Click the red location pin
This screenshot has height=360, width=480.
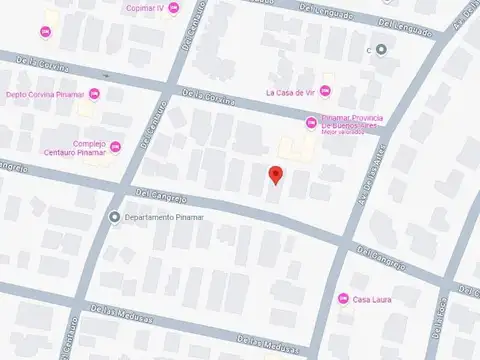276,175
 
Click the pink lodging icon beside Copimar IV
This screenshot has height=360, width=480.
175,9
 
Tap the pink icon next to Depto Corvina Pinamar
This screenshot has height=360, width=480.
95,95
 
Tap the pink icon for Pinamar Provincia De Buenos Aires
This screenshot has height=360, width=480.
311,122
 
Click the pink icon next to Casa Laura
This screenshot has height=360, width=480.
343,298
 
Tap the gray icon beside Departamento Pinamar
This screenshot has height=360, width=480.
115,217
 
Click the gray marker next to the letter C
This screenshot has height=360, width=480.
381,49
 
